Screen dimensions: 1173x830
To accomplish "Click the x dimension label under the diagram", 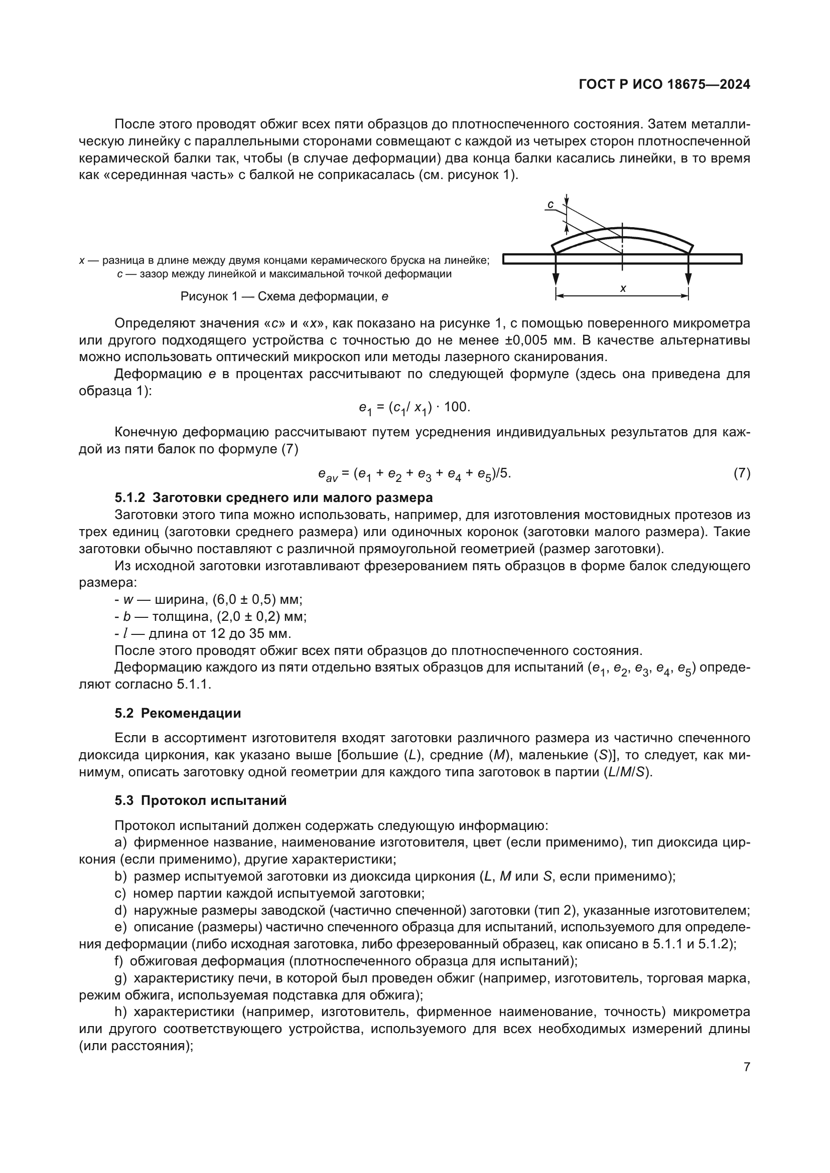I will pyautogui.click(x=623, y=289).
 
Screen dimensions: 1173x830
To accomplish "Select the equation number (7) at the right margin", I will pyautogui.click(x=742, y=473).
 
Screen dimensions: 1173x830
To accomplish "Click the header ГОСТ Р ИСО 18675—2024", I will pyautogui.click(x=664, y=85).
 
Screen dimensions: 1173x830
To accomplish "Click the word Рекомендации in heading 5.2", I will pyautogui.click(x=191, y=713).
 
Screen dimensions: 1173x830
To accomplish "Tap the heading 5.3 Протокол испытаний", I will pyautogui.click(x=200, y=800).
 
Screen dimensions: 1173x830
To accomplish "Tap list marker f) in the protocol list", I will pyautogui.click(x=118, y=961).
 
